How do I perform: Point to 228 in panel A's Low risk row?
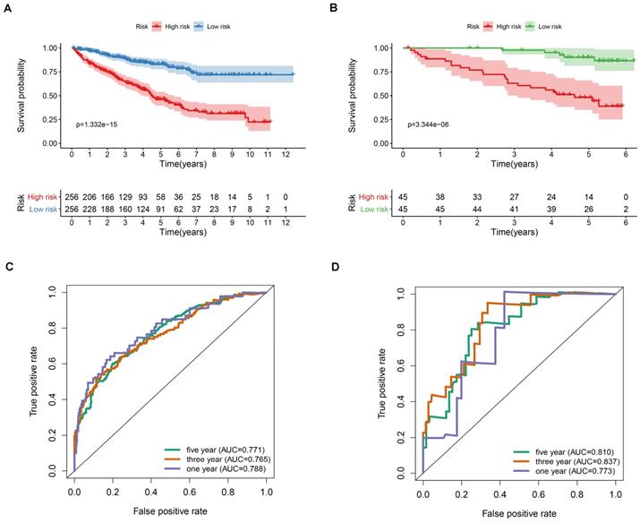tap(90, 210)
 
